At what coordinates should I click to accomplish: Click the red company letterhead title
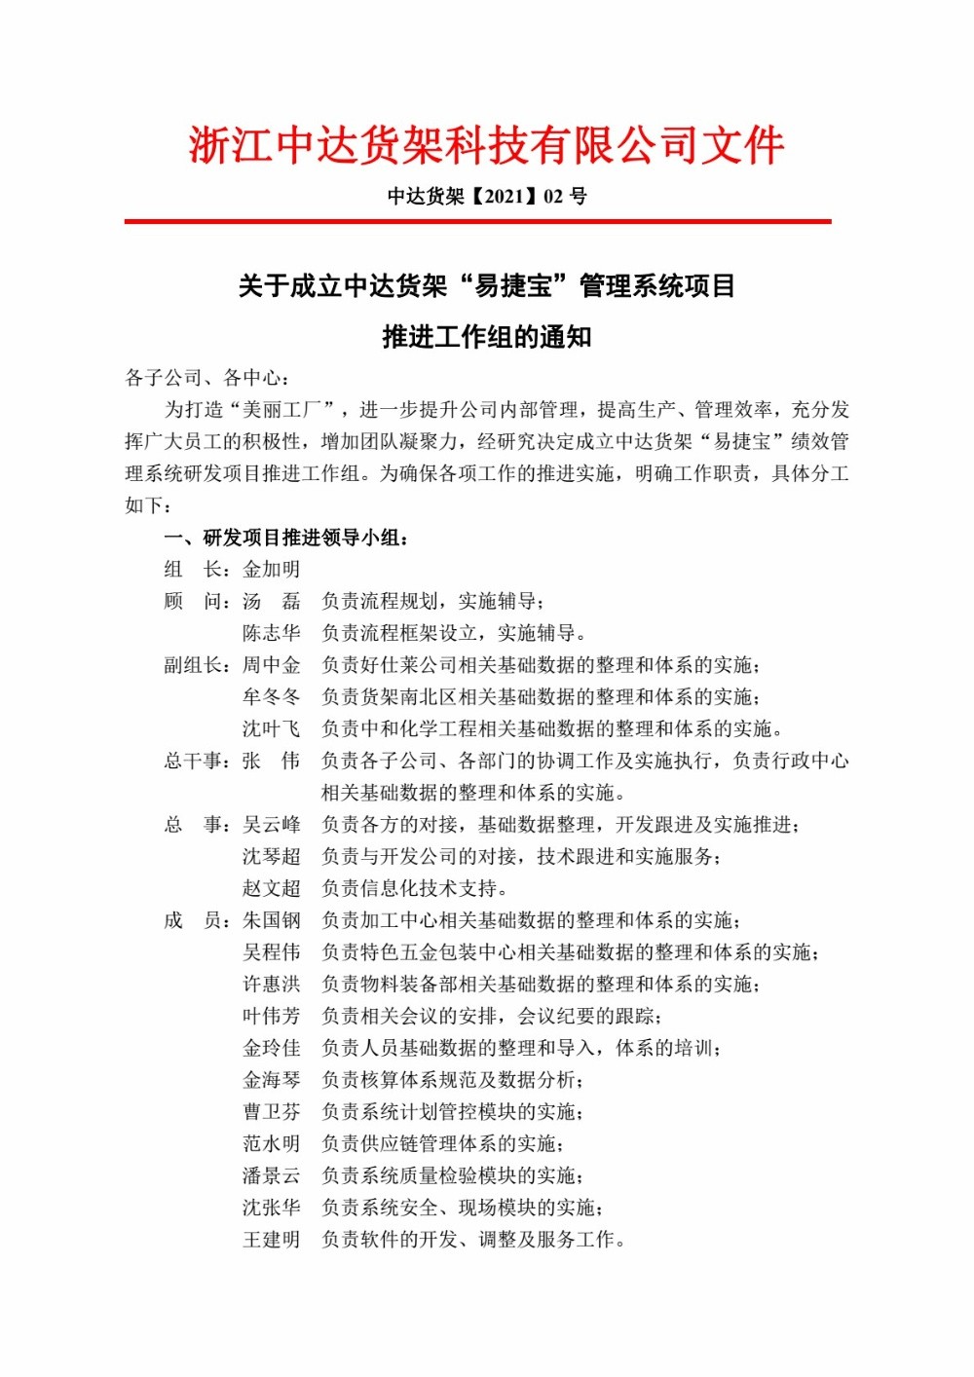click(486, 146)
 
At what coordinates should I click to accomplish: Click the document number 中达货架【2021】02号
click(487, 197)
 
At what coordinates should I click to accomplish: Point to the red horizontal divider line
click(477, 222)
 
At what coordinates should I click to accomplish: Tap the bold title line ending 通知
click(487, 337)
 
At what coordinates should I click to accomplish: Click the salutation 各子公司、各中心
click(206, 378)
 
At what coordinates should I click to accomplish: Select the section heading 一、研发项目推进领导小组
click(286, 538)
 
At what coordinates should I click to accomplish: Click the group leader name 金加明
click(271, 570)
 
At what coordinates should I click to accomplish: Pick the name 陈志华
click(271, 633)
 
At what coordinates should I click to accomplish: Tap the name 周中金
click(271, 665)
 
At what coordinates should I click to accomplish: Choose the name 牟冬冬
click(271, 697)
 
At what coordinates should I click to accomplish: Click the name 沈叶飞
click(271, 729)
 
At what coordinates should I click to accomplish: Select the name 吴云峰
click(271, 825)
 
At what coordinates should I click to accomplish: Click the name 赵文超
click(271, 888)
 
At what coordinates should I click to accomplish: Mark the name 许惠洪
click(271, 985)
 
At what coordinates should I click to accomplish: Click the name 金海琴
click(271, 1080)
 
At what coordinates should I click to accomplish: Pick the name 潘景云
click(271, 1175)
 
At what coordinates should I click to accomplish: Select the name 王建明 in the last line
click(271, 1240)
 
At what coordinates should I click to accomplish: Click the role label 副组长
click(195, 665)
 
